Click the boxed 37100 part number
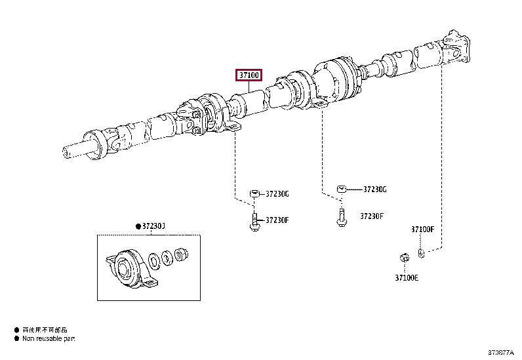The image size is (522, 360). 249,75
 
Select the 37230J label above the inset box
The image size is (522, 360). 154,226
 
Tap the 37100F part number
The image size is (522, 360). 423,229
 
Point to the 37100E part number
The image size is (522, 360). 407,277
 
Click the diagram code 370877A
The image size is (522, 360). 502,352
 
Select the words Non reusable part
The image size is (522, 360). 49,339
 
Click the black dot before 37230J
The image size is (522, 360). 138,226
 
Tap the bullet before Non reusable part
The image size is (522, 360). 16,339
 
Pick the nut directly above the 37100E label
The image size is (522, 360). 405,257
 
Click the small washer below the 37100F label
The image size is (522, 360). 422,252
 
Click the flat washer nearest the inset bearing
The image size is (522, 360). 154,261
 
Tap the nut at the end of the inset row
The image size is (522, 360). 181,252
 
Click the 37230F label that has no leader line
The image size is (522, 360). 371,216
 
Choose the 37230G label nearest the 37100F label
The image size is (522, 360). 374,190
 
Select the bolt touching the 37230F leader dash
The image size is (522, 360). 254,220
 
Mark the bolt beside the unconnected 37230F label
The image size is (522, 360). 341,218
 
